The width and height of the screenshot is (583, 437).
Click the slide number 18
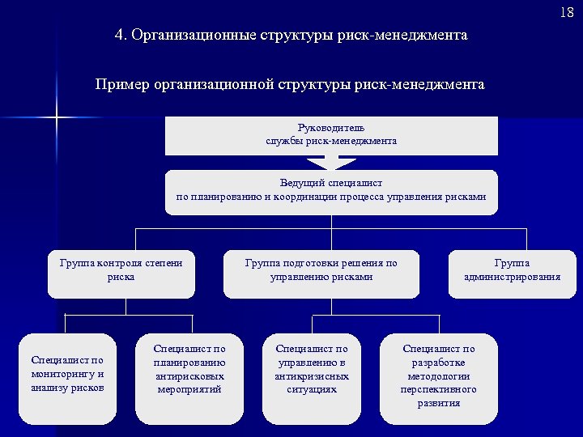[566, 13]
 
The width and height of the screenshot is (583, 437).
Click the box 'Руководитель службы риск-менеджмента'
[331, 135]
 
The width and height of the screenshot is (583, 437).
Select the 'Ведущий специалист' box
[331, 192]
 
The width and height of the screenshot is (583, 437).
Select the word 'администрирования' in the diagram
[512, 277]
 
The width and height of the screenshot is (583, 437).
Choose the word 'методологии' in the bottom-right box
[439, 376]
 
